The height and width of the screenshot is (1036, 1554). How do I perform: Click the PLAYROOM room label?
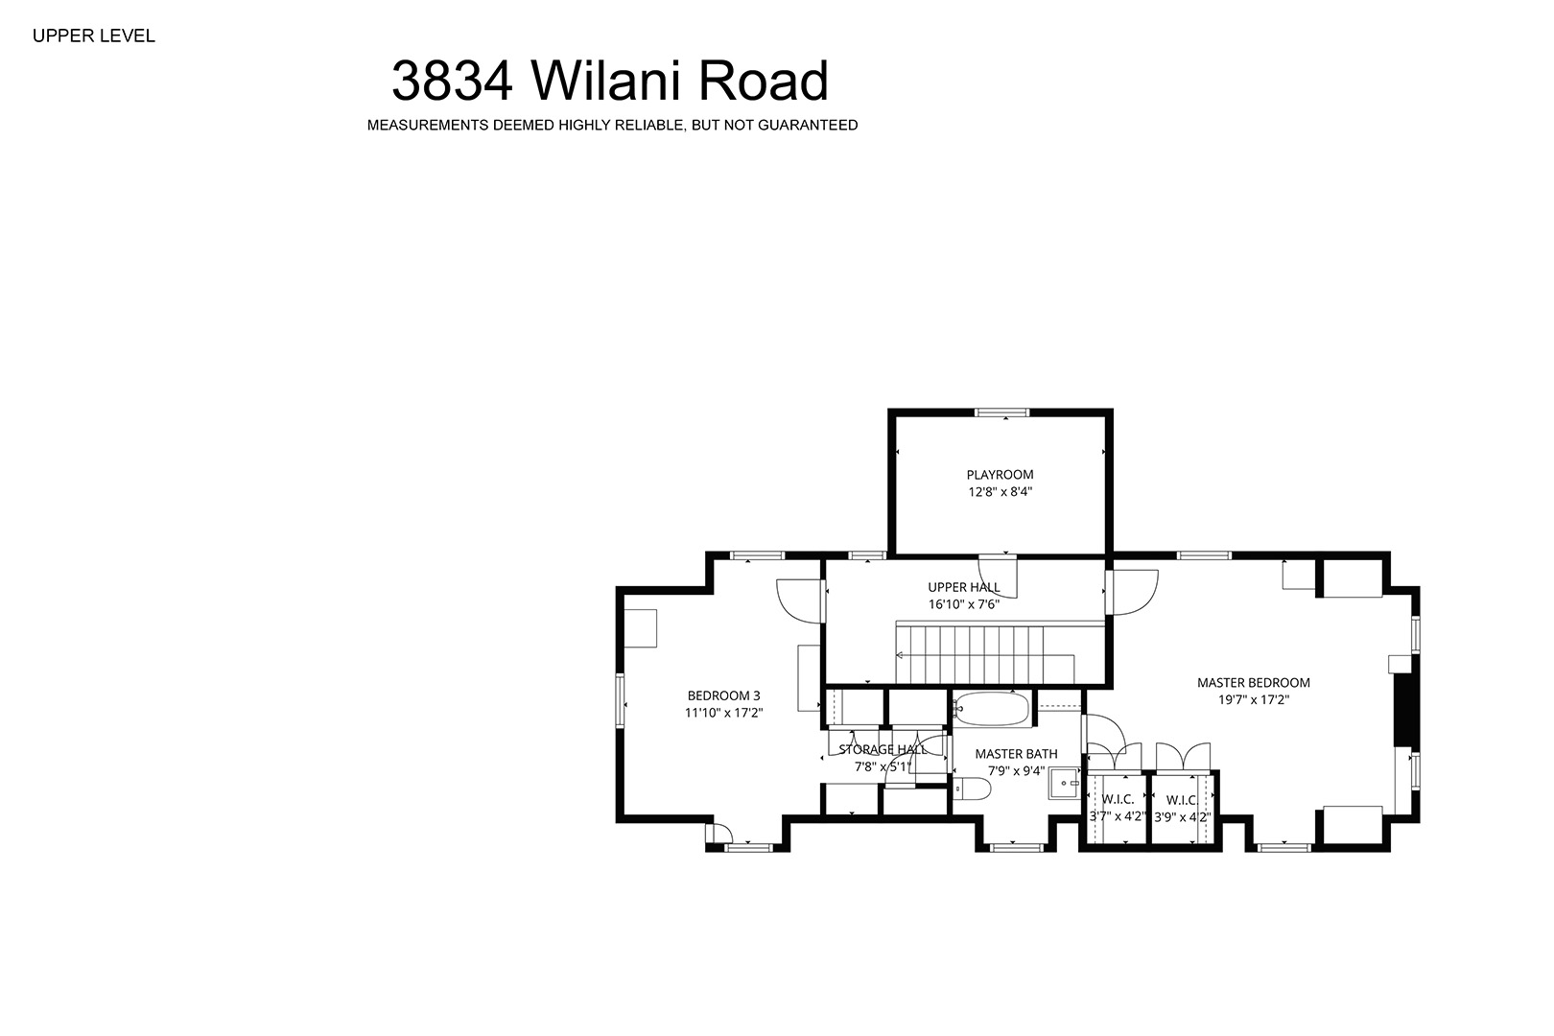pos(1000,475)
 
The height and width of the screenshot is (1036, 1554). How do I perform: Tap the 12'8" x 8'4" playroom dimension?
pos(1001,492)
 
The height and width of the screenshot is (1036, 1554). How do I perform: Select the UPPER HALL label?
pos(964,587)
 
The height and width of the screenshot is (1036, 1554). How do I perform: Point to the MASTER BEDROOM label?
pos(1254,683)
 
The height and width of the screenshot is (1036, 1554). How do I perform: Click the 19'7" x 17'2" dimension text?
pos(1254,700)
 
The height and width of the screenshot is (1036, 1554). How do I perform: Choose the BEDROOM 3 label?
pos(723,695)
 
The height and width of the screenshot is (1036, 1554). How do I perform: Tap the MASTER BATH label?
pos(1017,754)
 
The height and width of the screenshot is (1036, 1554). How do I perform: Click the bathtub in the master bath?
pos(991,709)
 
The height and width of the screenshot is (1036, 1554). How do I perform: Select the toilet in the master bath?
pos(972,789)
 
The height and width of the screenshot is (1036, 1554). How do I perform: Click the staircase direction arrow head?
pos(900,655)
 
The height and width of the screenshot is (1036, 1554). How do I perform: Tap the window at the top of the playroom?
pos(1001,412)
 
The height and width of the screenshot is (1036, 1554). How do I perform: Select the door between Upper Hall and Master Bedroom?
pos(1131,592)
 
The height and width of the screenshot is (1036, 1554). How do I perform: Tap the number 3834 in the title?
pos(453,81)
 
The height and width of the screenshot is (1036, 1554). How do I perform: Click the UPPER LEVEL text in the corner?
pos(94,36)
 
